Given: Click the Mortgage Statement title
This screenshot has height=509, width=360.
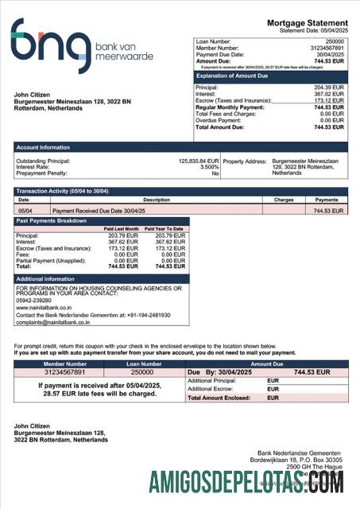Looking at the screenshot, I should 307,23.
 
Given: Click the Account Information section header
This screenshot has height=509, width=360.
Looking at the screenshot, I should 43,147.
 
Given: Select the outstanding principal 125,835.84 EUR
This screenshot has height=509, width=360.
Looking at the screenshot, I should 198,161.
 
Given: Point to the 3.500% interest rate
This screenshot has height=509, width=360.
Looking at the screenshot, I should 208,167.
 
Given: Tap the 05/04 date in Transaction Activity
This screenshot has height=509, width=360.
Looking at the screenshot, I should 25,211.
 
